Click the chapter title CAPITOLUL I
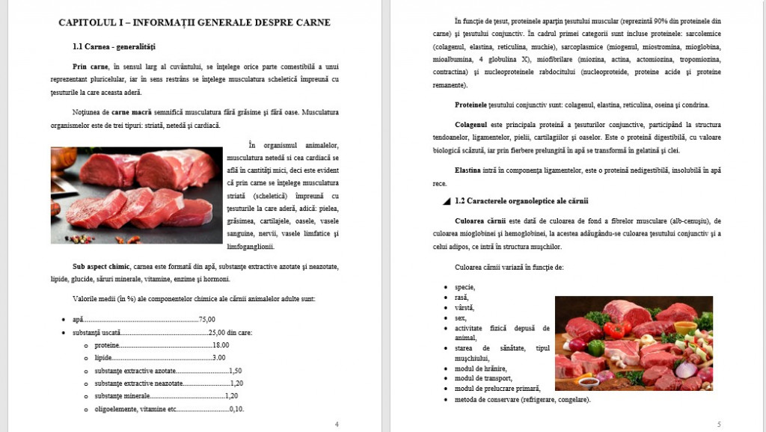194,22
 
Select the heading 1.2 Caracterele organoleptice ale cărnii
521,201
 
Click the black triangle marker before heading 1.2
447,202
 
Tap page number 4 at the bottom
336,424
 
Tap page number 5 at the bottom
718,424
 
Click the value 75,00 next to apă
207,319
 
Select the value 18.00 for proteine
221,345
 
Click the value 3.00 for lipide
219,358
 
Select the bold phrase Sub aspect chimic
100,267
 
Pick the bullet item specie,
465,287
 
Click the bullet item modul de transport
485,378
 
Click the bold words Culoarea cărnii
480,221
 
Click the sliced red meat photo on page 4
137,196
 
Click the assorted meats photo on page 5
633,343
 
